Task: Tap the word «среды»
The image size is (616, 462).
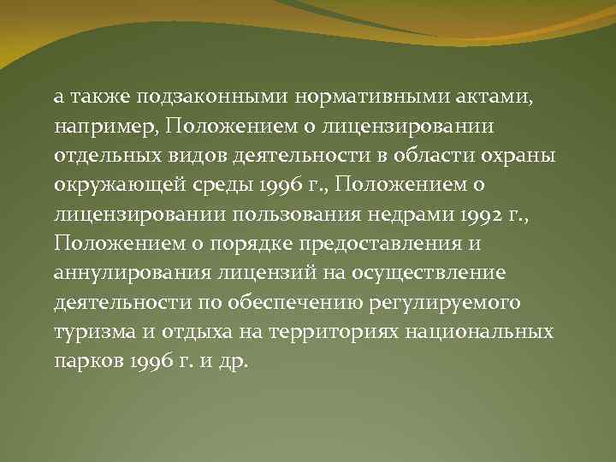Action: (x=210, y=184)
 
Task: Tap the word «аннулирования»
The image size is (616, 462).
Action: (x=119, y=273)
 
